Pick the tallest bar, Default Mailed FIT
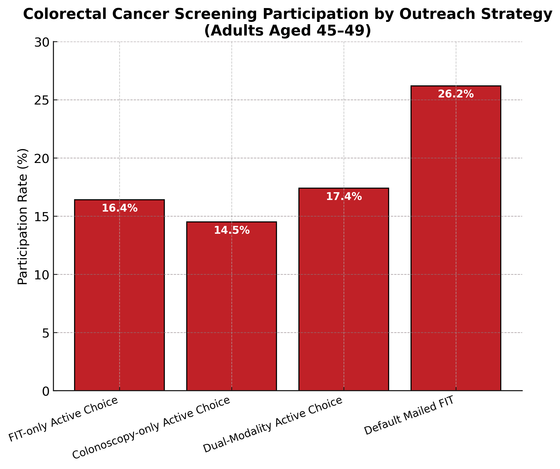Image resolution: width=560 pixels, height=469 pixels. coord(456,240)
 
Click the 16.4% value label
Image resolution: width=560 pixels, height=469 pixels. coord(119,208)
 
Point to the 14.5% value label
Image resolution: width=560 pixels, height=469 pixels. coord(232,230)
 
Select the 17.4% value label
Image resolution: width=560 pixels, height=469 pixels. coord(344,197)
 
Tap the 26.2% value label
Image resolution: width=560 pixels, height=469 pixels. coord(456,94)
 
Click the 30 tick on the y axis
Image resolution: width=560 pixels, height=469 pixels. coord(42,42)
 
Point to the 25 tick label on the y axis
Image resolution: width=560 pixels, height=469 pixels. coord(42,100)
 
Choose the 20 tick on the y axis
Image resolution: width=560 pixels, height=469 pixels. coord(42,158)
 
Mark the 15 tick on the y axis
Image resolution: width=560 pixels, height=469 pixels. coord(42,217)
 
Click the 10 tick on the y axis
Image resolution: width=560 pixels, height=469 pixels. coord(42,275)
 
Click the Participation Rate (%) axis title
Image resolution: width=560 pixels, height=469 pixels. coord(22,217)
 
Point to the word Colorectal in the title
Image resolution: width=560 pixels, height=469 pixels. coord(66,14)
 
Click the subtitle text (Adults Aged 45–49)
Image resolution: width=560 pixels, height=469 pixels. coord(288,30)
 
